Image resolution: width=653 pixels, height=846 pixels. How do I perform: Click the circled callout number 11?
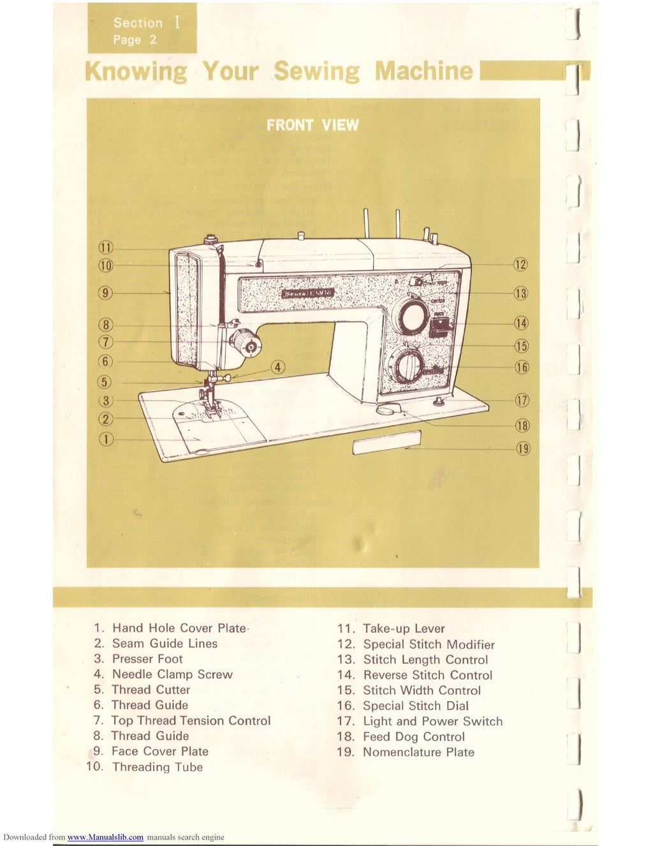(105, 248)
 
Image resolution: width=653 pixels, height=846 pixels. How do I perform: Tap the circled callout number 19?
(523, 449)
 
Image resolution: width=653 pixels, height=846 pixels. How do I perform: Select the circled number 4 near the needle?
(277, 367)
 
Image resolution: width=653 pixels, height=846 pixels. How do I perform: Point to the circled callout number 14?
(522, 323)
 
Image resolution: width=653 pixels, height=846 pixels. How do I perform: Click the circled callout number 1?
(106, 439)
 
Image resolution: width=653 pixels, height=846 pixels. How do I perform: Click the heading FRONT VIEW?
(312, 125)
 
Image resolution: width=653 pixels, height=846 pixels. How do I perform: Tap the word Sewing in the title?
(317, 71)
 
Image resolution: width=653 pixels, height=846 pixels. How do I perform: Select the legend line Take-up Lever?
(404, 628)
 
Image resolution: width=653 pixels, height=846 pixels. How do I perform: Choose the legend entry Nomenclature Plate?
(418, 752)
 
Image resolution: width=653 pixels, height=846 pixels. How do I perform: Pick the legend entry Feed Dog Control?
(414, 737)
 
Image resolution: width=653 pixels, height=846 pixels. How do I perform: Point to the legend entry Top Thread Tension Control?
(191, 721)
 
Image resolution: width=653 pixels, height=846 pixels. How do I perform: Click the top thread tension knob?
(246, 345)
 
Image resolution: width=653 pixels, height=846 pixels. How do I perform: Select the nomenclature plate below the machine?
(387, 442)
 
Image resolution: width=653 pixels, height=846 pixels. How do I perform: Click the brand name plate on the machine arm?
(308, 293)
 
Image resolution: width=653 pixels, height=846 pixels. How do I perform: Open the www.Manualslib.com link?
(105, 837)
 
